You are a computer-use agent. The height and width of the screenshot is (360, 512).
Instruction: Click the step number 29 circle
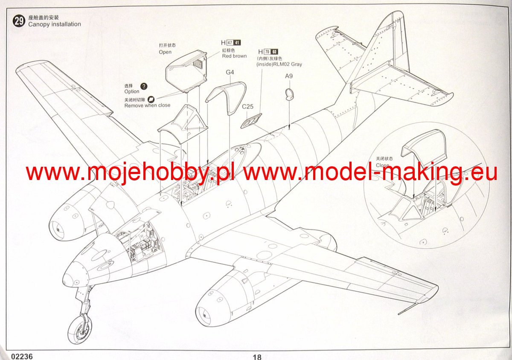19,21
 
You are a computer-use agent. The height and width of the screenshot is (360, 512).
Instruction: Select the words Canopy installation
54,24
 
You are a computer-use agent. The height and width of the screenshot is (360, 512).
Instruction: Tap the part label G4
230,72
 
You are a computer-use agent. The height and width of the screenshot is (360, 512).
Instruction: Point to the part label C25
247,107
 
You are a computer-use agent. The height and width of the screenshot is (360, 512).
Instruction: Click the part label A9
289,76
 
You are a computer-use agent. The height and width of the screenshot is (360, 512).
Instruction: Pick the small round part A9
290,94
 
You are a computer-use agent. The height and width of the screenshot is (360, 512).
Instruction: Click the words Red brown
234,56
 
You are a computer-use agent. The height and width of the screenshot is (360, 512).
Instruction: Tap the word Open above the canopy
165,52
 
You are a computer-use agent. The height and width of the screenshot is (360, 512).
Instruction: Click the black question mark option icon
144,86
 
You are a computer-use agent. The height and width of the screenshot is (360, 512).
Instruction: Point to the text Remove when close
147,105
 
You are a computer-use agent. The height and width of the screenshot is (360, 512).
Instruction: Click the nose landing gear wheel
80,329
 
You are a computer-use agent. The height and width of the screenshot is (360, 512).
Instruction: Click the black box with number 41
238,43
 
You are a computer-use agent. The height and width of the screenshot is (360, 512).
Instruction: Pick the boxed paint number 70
268,52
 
